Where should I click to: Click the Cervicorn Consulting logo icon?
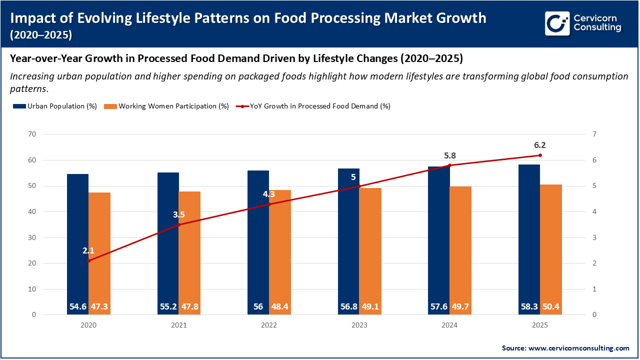(x=557, y=24)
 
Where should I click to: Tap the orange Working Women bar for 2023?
(x=370, y=250)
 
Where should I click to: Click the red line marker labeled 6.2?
(x=540, y=155)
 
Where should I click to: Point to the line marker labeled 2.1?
(x=88, y=260)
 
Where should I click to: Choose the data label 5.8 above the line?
(x=449, y=155)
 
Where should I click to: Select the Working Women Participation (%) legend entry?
(x=166, y=106)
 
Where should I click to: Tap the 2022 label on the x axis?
(x=269, y=325)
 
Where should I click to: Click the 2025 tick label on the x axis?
(x=540, y=325)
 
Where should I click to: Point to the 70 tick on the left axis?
(x=32, y=134)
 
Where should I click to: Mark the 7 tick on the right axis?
(x=594, y=134)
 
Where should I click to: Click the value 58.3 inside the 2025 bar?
(x=529, y=306)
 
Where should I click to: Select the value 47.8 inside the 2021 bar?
(x=189, y=306)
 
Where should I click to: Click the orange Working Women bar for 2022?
(x=280, y=250)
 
